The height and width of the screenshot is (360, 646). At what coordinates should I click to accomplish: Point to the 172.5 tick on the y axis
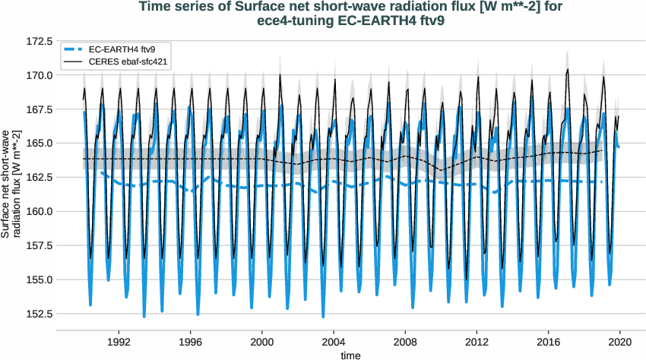click(38, 40)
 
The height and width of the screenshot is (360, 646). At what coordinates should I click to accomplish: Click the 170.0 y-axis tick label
click(38, 75)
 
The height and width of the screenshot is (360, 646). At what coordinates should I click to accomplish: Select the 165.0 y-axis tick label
click(38, 143)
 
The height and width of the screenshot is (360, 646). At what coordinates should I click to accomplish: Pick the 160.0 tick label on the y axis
click(38, 211)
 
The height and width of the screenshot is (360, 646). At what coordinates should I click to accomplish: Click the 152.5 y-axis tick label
click(38, 313)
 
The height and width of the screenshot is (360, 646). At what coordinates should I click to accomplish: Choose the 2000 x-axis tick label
click(262, 342)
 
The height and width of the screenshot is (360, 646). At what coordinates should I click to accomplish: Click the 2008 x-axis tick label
click(405, 342)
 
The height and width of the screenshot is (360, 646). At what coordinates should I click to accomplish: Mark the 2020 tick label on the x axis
click(620, 342)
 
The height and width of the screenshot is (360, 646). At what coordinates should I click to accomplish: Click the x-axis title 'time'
click(350, 354)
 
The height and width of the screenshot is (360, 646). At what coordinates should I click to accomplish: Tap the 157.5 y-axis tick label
click(38, 245)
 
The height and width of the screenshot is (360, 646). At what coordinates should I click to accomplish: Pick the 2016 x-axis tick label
click(549, 342)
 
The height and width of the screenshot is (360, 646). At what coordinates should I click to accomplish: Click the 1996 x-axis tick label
click(191, 342)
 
